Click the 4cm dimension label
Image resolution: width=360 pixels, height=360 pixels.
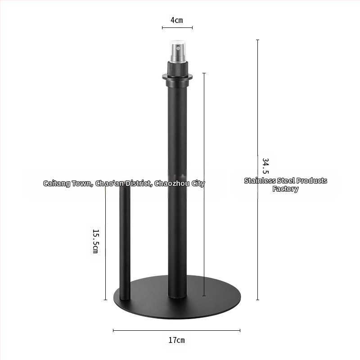tap(176, 20)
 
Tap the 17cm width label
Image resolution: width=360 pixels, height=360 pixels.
tap(176, 340)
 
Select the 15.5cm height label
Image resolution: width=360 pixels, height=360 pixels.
tap(95, 241)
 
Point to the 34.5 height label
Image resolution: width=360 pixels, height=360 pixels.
tap(265, 166)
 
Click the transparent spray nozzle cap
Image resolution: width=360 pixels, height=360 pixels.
tap(178, 51)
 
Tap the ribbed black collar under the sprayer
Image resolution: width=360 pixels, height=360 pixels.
tap(178, 68)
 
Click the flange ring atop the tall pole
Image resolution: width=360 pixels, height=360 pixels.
tap(177, 77)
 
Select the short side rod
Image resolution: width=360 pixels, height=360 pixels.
tap(125, 243)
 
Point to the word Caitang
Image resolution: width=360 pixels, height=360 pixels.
tap(57, 184)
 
